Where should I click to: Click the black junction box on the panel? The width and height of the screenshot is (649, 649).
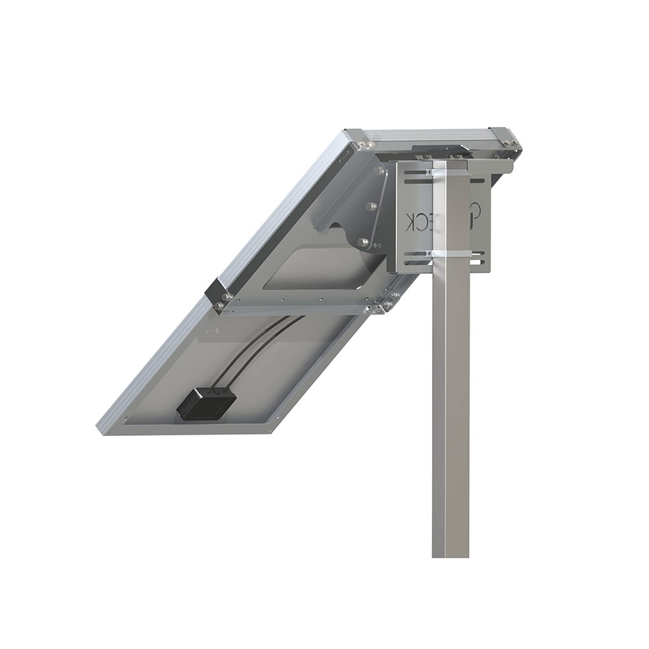tap(205, 402)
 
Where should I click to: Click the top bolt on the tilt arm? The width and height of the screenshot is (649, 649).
tap(378, 171)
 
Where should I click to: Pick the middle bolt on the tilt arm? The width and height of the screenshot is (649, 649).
tap(371, 206)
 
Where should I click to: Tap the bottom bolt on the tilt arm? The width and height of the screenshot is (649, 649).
tap(362, 242)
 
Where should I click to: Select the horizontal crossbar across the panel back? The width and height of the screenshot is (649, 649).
tap(297, 307)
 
